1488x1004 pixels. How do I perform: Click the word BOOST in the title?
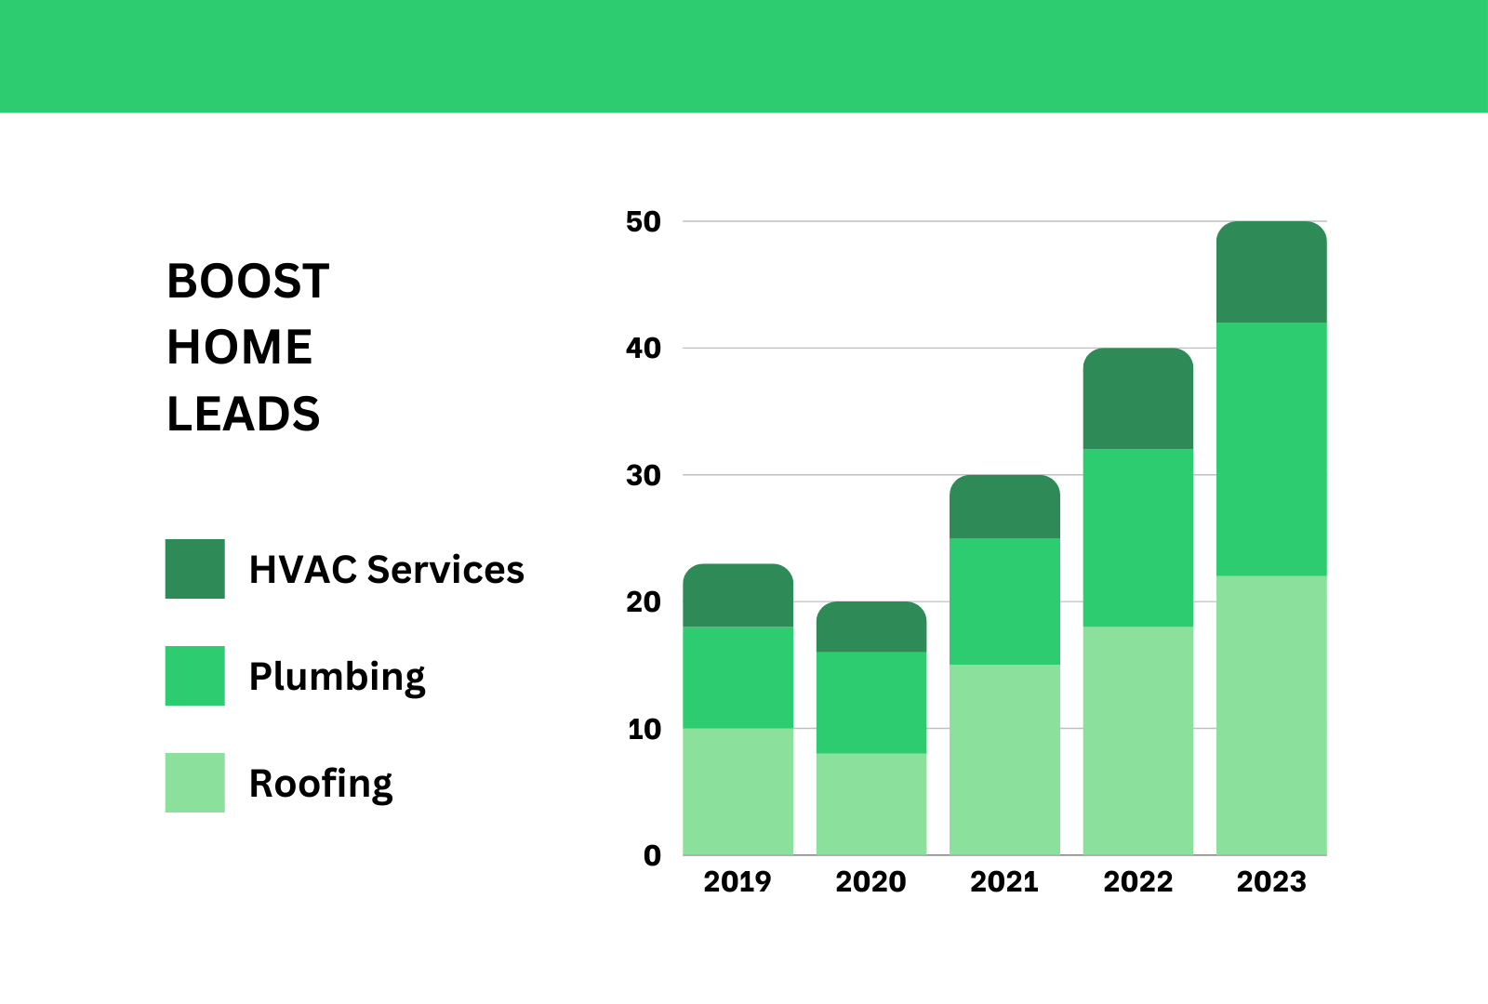point(247,281)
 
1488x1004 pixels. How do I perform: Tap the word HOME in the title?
point(239,348)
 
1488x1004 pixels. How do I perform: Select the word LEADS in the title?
point(243,414)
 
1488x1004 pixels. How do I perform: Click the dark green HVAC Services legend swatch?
point(195,569)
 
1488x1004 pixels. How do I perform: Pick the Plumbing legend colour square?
point(195,676)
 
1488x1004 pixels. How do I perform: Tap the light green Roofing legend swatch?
point(195,783)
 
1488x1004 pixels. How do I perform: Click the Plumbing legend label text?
point(337,677)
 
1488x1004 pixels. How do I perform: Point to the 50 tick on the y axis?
point(644,222)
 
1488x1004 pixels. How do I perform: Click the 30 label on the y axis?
point(644,476)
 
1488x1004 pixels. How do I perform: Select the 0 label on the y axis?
point(652,855)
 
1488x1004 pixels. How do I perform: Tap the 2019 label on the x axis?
point(737,881)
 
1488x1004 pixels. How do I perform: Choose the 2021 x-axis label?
point(1004,881)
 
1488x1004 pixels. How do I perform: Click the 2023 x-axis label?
point(1271,881)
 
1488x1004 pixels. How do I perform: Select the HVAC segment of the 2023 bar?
point(1271,272)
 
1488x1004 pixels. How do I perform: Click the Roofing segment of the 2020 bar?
point(871,804)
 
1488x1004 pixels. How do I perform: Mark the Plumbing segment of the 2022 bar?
point(1138,537)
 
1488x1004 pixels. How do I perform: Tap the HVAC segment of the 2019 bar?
point(738,596)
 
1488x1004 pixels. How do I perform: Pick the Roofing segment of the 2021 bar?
point(1004,760)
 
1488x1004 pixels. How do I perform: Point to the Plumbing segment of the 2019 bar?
point(738,677)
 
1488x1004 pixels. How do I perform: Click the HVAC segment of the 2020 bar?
point(871,627)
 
